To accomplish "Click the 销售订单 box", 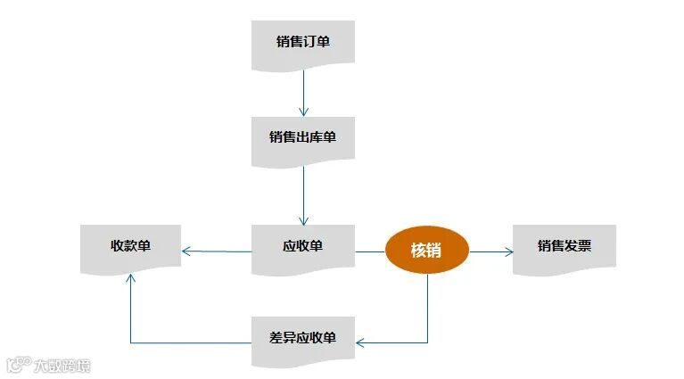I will tap(303, 42).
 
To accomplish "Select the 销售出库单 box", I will tap(303, 137).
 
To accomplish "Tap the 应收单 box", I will tap(303, 245).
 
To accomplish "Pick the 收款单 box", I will tap(130, 245).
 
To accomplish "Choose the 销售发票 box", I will tap(564, 245).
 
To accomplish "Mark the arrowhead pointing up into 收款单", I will tap(130, 279).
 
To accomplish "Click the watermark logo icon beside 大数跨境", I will tap(17, 365).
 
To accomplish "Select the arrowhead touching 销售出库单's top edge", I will tap(303, 111).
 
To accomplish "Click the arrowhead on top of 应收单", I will tap(303, 220).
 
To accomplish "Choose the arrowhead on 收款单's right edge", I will tap(185, 251).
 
